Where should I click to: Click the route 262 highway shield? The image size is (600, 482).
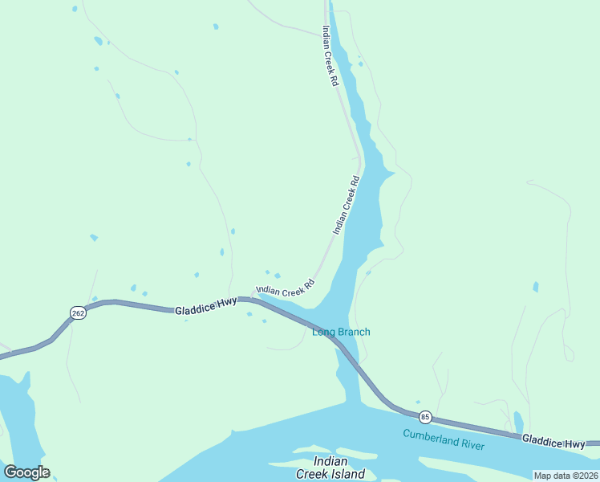click(77, 313)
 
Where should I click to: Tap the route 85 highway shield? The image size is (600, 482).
click(425, 417)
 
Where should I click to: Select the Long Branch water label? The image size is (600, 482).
click(341, 332)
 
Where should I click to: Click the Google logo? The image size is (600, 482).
click(26, 472)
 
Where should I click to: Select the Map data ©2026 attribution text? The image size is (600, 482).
click(566, 476)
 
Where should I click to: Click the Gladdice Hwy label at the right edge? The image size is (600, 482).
click(553, 442)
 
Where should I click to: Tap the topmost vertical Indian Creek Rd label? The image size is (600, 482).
click(330, 55)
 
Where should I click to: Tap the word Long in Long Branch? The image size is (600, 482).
click(322, 332)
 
